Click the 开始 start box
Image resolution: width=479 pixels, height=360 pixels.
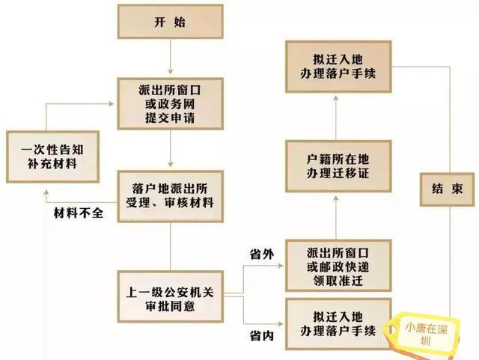171,22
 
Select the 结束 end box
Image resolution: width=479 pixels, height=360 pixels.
448,189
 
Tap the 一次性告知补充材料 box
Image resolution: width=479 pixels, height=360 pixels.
53,156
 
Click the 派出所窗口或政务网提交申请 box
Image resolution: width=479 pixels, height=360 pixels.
171,103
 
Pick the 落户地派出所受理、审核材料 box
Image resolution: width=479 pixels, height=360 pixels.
171,196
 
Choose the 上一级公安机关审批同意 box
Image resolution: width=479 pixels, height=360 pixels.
171,296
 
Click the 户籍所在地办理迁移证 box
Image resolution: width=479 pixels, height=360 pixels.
338,166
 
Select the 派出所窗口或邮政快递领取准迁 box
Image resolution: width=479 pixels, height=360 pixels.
338,266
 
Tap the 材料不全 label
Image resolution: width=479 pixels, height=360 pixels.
79,213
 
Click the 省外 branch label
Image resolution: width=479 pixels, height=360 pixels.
262,254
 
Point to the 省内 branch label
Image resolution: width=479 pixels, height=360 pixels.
262,336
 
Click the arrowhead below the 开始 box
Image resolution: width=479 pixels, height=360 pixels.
171,71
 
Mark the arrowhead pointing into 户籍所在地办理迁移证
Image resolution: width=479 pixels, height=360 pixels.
336,198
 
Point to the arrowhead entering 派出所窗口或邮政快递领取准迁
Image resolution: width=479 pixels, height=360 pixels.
280,266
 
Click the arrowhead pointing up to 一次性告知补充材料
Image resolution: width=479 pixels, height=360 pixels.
46,192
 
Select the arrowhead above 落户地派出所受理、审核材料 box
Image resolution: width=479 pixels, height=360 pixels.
171,164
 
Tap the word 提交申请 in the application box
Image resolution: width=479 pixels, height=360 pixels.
170,118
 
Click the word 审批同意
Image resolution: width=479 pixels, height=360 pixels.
170,306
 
